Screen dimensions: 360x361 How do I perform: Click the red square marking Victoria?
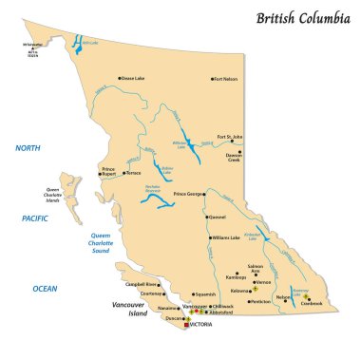(x=186, y=325)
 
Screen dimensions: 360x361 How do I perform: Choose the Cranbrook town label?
(x=312, y=304)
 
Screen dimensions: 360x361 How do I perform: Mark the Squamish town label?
(x=205, y=294)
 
